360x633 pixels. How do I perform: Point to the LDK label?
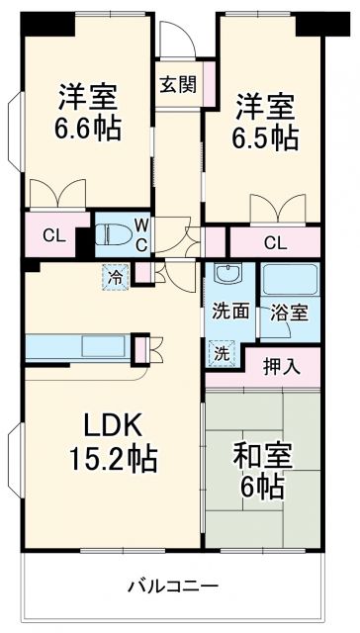point(114,428)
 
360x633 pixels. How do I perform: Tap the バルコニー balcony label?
point(172,586)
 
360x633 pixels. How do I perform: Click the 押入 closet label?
point(281,365)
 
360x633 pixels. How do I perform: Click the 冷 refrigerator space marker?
point(117,277)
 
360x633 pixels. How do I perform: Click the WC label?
point(141,234)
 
